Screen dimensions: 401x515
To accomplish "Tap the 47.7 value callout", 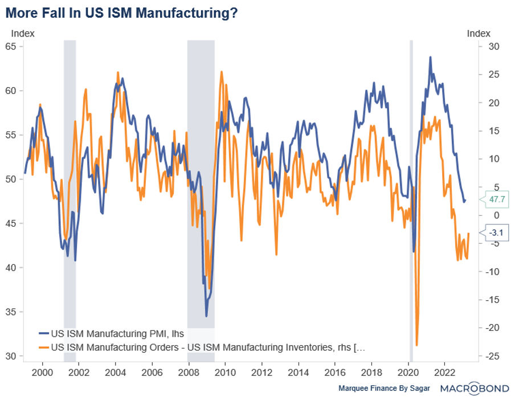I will click(x=494, y=200).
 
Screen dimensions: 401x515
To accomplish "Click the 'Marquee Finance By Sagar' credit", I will click(x=385, y=388).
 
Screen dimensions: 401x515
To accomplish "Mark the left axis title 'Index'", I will click(x=23, y=34).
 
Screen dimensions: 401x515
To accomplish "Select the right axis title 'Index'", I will click(x=479, y=34).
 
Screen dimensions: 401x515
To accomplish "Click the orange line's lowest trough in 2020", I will click(x=417, y=345).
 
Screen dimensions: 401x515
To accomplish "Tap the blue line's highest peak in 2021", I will click(x=430, y=58).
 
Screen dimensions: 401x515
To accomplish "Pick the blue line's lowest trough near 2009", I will click(x=206, y=316).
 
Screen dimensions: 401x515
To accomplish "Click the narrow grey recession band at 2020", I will click(x=411, y=199).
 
